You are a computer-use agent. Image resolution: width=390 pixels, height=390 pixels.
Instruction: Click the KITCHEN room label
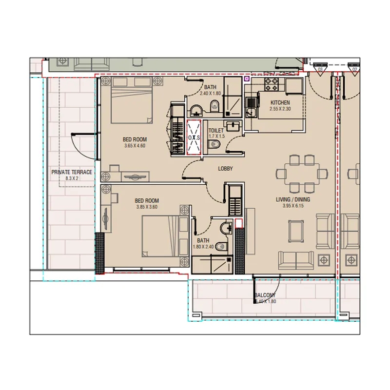pyautogui.click(x=280, y=103)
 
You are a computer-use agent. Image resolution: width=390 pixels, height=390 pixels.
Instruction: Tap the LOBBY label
pyautogui.click(x=225, y=169)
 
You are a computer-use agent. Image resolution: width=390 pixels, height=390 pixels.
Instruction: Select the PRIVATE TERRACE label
pyautogui.click(x=72, y=172)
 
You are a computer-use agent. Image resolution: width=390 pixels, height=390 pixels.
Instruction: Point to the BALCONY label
pyautogui.click(x=265, y=295)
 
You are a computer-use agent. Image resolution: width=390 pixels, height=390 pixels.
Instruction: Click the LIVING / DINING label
pyautogui.click(x=293, y=200)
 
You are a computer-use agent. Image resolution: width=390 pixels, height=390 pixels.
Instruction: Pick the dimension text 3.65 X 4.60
pyautogui.click(x=135, y=145)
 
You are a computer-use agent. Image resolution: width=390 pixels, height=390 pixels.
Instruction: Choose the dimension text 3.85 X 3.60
pyautogui.click(x=147, y=207)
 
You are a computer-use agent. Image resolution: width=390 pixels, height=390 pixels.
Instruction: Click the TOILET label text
pyautogui.click(x=216, y=131)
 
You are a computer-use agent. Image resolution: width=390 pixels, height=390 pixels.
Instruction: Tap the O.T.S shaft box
pyautogui.click(x=194, y=138)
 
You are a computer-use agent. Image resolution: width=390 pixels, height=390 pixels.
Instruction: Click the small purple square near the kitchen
pyautogui.click(x=247, y=78)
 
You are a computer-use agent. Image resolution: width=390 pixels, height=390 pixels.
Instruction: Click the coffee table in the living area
pyautogui.click(x=296, y=231)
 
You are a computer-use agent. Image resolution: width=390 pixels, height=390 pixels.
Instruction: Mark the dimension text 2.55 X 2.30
pyautogui.click(x=280, y=109)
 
